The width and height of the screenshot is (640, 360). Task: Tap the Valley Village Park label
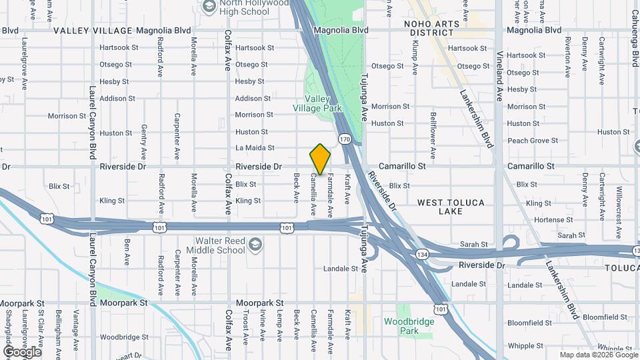(x=318, y=103)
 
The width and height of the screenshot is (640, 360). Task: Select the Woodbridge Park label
(x=401, y=326)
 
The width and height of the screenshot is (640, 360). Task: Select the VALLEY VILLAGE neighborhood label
(x=93, y=31)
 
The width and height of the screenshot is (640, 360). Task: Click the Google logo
(x=22, y=351)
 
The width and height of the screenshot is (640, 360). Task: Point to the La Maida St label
(x=255, y=147)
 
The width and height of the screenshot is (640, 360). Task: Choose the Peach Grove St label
(x=533, y=141)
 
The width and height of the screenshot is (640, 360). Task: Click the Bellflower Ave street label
(x=433, y=135)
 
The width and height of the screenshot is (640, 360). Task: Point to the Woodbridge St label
(x=121, y=337)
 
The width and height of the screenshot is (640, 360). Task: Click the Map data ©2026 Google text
(x=598, y=355)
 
